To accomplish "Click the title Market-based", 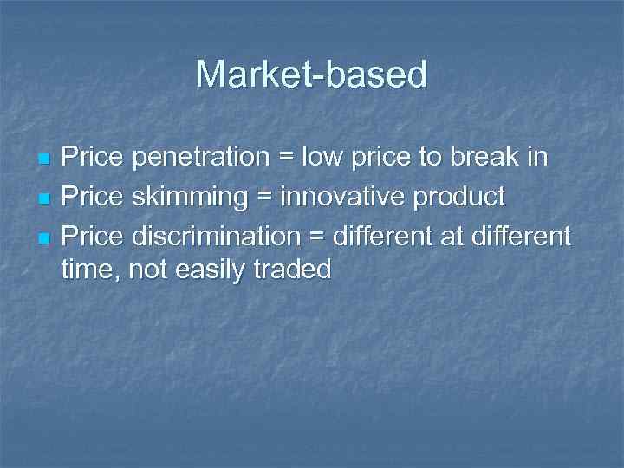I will pos(312,75).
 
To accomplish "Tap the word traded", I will pos(295,270).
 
